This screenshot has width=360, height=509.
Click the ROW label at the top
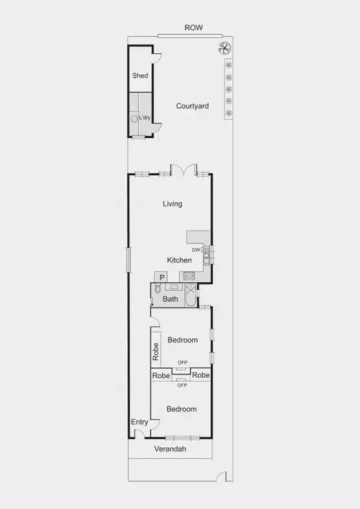pyautogui.click(x=193, y=28)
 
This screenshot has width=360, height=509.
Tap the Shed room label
pyautogui.click(x=140, y=76)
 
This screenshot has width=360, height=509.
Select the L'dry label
pyautogui.click(x=145, y=118)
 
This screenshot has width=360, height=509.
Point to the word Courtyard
pyautogui.click(x=192, y=106)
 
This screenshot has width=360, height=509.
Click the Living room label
pyautogui.click(x=172, y=204)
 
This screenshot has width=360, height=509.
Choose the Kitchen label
pyautogui.click(x=179, y=260)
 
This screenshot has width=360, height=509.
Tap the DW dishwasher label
pyautogui.click(x=196, y=250)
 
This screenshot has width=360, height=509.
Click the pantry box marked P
pyautogui.click(x=161, y=277)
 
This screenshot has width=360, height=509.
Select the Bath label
pyautogui.click(x=170, y=299)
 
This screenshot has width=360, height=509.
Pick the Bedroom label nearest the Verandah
pyautogui.click(x=181, y=409)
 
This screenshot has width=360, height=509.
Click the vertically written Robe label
pyautogui.click(x=156, y=352)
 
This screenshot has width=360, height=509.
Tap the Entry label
pyautogui.click(x=139, y=422)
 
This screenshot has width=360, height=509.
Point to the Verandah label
pyautogui.click(x=169, y=449)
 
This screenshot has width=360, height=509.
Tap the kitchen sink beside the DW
pyautogui.click(x=207, y=254)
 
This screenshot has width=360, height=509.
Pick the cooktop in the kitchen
pyautogui.click(x=188, y=276)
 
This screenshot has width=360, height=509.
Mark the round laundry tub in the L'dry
pyautogui.click(x=135, y=118)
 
